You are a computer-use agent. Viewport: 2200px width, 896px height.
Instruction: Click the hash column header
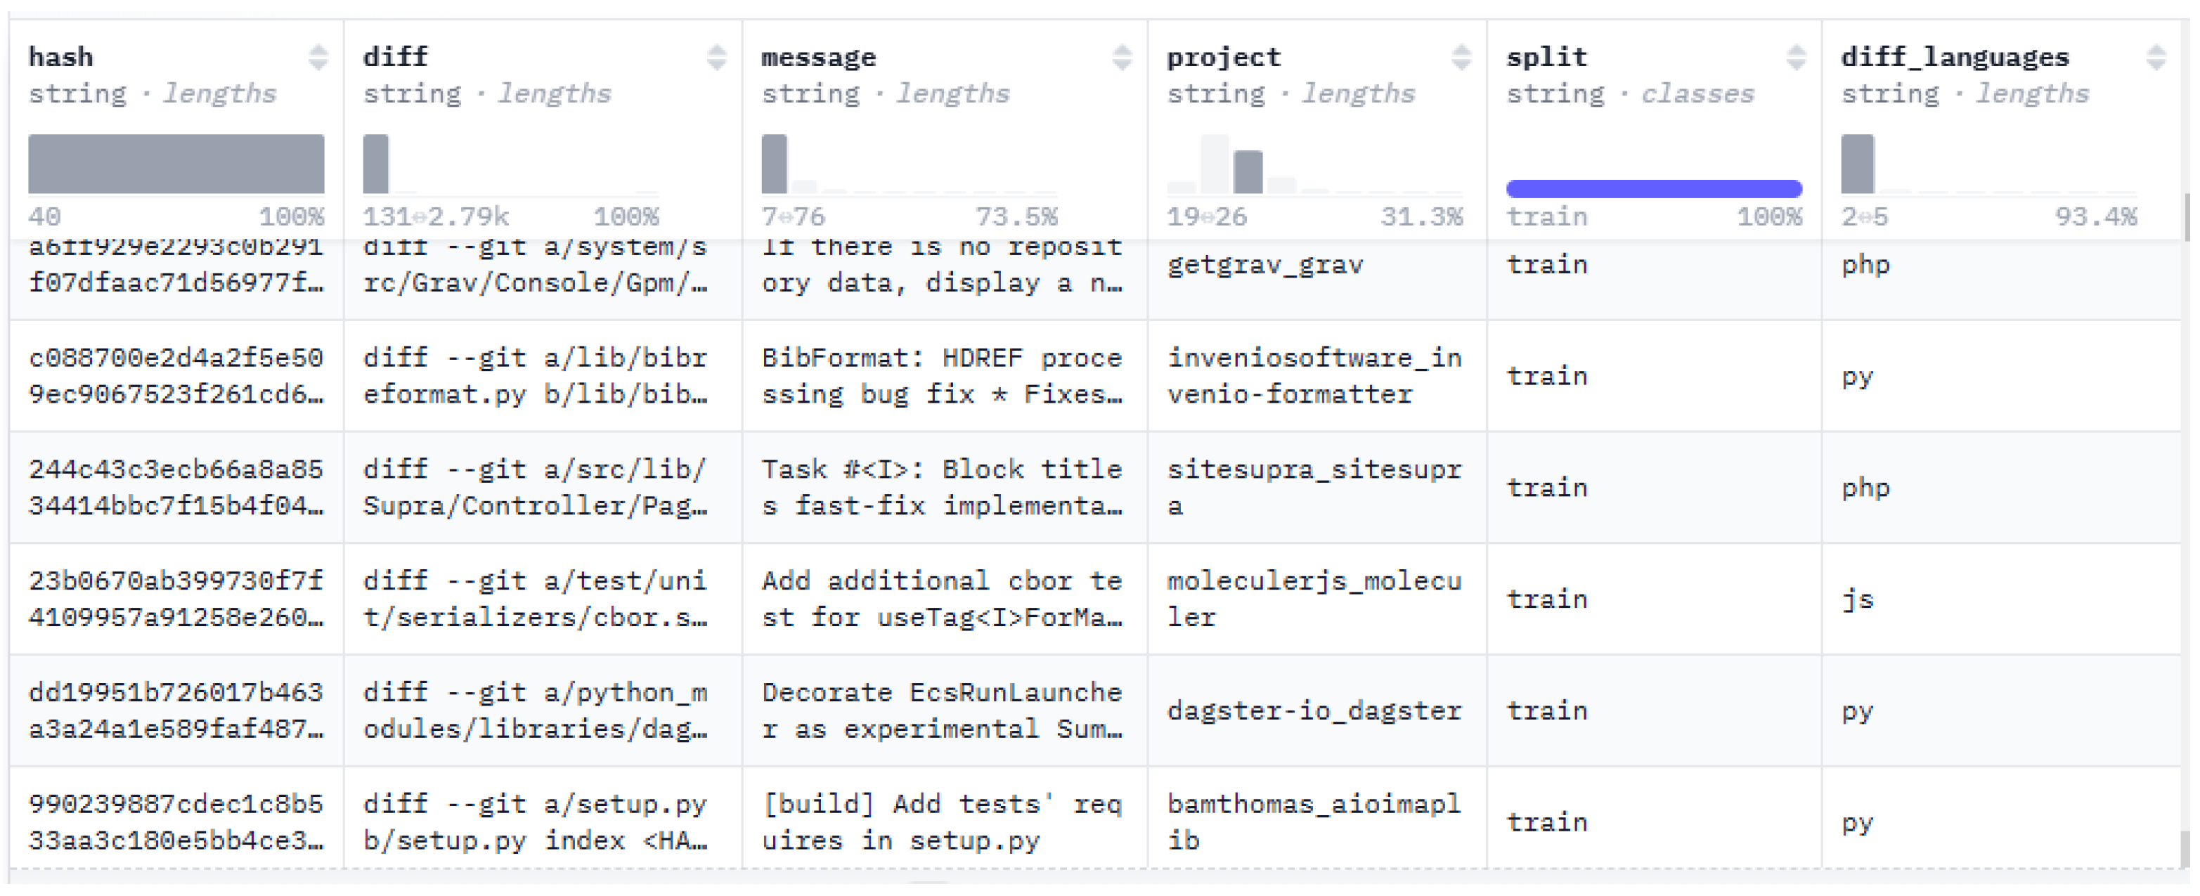click(x=61, y=57)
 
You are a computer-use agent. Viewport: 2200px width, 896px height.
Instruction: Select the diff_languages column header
click(x=1954, y=57)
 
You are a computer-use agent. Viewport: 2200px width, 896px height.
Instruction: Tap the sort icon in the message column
click(x=1121, y=57)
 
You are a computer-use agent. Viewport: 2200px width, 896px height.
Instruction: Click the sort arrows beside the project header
click(x=1461, y=57)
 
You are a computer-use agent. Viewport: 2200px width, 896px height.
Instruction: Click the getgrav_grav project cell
click(x=1264, y=265)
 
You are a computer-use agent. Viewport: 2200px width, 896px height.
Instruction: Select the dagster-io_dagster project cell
click(x=1314, y=710)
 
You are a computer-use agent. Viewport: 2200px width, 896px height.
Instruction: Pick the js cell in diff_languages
click(x=1858, y=599)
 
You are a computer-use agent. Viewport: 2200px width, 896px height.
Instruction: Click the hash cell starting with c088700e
click(x=176, y=376)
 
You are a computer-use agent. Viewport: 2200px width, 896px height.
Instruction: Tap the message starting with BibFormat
click(x=941, y=376)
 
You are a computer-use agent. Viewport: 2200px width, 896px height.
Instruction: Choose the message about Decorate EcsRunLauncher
click(x=941, y=710)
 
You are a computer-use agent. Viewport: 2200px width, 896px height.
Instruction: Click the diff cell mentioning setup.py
click(x=535, y=822)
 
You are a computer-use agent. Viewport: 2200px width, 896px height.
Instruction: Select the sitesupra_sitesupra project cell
click(x=1314, y=488)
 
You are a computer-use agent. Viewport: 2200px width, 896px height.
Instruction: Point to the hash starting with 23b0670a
click(x=176, y=599)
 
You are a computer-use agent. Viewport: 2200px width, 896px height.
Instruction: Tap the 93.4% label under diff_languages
click(x=2095, y=216)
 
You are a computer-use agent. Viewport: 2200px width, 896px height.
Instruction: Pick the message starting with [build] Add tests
click(x=941, y=822)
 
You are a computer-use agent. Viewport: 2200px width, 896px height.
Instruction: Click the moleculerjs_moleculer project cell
click(x=1314, y=599)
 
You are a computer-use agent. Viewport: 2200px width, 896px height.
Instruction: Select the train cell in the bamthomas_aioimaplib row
click(x=1546, y=822)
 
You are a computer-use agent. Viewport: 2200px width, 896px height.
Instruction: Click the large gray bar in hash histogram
click(x=176, y=163)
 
